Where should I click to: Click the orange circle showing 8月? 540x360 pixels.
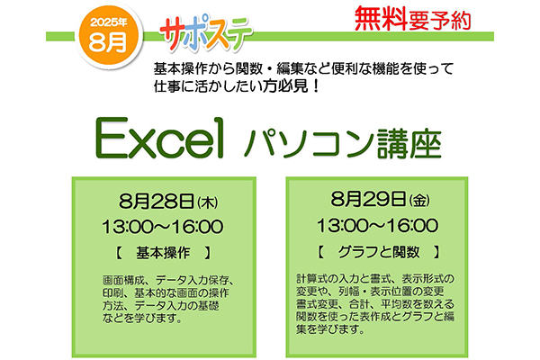pos(109,36)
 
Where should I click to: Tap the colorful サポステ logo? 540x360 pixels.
pos(206,32)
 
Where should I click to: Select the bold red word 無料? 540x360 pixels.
pos(381,19)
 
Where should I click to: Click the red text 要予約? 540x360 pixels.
pos(439,20)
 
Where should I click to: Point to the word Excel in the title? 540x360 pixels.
pos(159,138)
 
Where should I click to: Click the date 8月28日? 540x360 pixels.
pos(157,202)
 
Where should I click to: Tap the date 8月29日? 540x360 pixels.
pos(368,199)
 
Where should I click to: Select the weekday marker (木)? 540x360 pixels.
pos(208,202)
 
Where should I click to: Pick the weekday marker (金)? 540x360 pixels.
pos(419,201)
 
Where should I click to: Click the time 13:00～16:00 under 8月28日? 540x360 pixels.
pos(163,227)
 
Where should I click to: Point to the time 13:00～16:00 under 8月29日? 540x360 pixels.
pos(378,226)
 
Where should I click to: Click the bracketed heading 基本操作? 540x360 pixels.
pos(163,253)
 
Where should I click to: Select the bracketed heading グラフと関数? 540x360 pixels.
pos(379,252)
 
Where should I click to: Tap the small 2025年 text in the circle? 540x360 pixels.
pos(109,22)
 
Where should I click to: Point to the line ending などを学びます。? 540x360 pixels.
pos(142,319)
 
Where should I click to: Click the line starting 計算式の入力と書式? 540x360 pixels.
pos(375,279)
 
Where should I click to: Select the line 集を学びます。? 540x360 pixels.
pos(330,329)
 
